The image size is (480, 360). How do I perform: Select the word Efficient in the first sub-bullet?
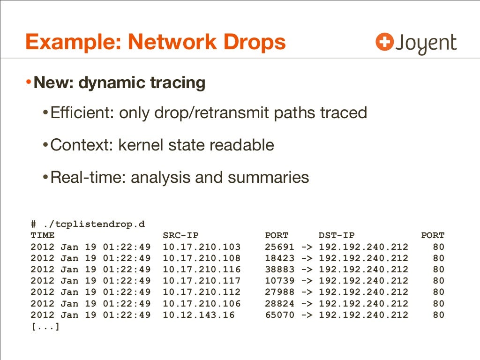point(81,112)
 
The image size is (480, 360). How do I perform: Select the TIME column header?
point(42,235)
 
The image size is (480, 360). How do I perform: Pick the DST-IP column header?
point(337,235)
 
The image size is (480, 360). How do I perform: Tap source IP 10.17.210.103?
point(202,247)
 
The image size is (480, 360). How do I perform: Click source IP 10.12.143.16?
point(198,315)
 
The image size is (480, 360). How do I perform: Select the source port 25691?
point(280,247)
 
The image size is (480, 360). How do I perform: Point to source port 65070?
point(280,315)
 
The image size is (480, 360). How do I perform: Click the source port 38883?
point(280,270)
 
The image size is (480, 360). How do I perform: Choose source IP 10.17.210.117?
point(202,281)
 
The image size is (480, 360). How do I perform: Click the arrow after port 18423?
point(307,258)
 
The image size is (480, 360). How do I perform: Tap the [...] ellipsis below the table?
point(45,326)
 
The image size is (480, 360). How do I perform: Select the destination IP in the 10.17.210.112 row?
point(363,292)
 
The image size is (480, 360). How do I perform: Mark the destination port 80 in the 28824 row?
point(438,304)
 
